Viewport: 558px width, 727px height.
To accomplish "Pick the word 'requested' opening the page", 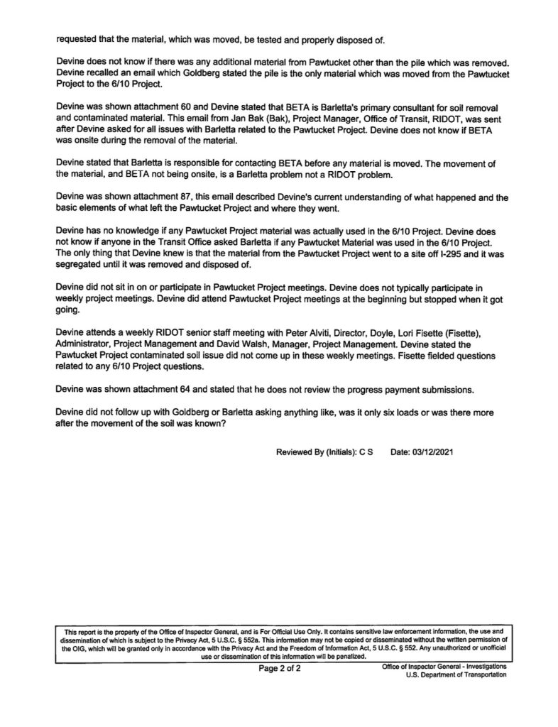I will click(x=75, y=39).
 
